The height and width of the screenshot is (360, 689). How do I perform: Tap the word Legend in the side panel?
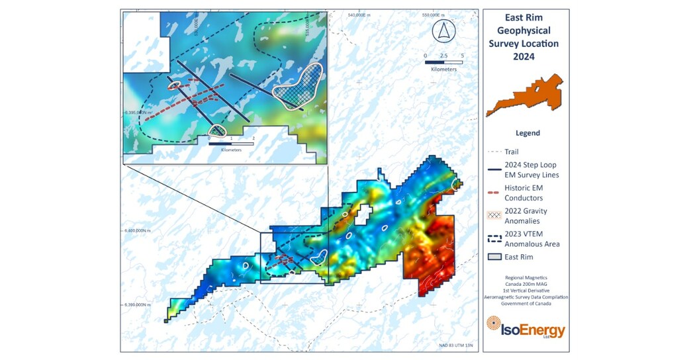(x=528, y=133)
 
